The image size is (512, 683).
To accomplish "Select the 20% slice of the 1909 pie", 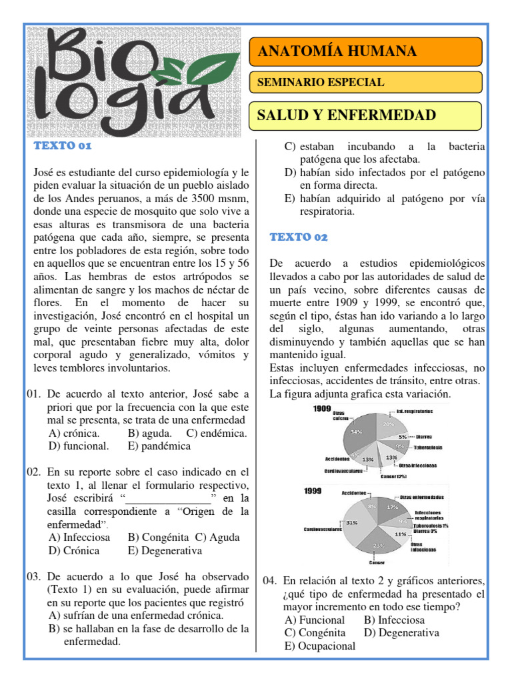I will click(x=387, y=424).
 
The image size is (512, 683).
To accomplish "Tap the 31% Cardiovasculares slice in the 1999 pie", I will click(x=354, y=524).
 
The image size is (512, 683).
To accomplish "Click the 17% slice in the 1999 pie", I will click(x=392, y=507).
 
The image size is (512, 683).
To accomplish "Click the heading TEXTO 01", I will click(x=63, y=146).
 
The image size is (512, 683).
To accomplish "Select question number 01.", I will click(x=35, y=394).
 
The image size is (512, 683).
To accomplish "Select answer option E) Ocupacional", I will click(x=319, y=646).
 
